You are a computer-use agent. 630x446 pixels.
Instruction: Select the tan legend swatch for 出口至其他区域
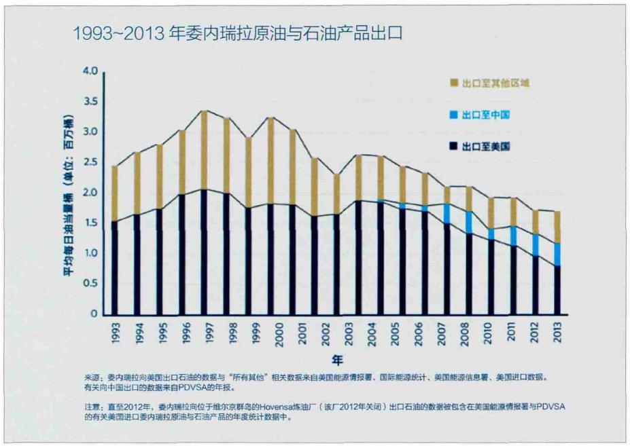point(454,83)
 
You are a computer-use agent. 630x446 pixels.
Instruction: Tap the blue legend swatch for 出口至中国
point(454,115)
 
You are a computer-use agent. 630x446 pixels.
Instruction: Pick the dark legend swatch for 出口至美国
point(454,147)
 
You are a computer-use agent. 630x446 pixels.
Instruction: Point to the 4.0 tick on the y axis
point(90,71)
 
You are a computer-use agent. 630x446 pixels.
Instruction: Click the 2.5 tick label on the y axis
point(90,162)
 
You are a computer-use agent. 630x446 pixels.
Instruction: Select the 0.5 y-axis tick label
point(90,284)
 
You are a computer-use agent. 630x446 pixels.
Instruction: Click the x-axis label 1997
point(204,332)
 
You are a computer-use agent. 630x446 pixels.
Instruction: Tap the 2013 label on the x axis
point(557,332)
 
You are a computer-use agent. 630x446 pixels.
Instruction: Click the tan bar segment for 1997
point(204,149)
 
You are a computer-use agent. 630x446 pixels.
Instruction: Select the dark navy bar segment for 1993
point(115,268)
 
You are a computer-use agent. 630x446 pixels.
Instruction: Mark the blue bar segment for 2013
point(557,254)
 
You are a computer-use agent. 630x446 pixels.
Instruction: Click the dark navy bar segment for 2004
point(381,258)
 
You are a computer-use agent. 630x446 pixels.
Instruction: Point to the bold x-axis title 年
point(337,358)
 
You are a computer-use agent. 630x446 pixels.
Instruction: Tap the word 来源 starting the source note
point(91,377)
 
